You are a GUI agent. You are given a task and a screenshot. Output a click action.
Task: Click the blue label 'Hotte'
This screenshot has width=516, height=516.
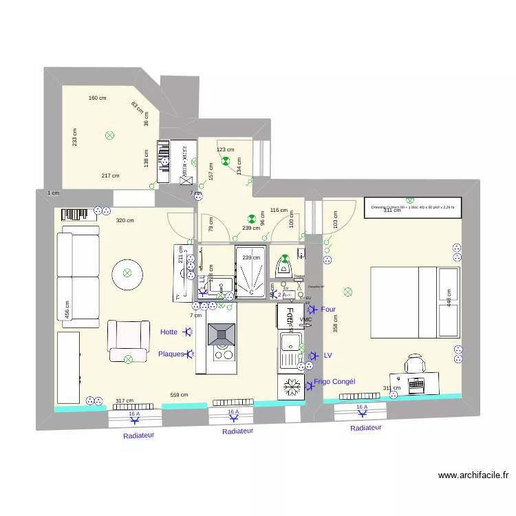pyautogui.click(x=169, y=332)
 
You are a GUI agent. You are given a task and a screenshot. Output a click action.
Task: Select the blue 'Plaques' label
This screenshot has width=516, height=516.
pyautogui.click(x=171, y=354)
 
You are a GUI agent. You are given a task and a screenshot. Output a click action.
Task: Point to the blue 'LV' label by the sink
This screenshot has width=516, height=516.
pyautogui.click(x=327, y=356)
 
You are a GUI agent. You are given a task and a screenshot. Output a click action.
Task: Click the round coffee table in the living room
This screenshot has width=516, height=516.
pyautogui.click(x=127, y=272)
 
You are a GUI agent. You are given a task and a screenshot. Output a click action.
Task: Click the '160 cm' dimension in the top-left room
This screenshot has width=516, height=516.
pyautogui.click(x=98, y=98)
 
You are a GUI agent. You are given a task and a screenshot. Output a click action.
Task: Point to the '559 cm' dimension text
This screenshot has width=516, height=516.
pyautogui.click(x=179, y=396)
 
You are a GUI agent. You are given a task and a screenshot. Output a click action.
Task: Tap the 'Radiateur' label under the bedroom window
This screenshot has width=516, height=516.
pyautogui.click(x=365, y=428)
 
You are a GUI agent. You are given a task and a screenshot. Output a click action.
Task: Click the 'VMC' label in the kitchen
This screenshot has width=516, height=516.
pyautogui.click(x=306, y=320)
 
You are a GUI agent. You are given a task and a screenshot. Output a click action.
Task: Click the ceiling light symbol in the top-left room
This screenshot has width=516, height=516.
pyautogui.click(x=109, y=136)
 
